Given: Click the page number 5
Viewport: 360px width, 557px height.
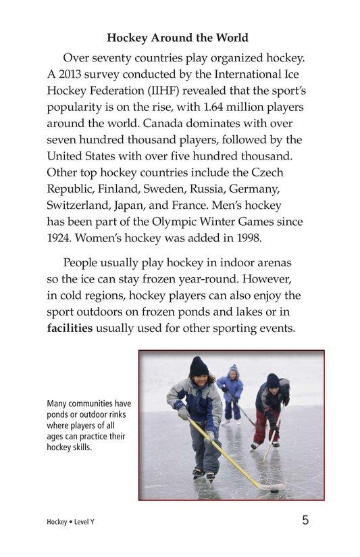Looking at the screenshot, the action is coord(305,520).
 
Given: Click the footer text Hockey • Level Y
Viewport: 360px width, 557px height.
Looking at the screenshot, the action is coord(70,523).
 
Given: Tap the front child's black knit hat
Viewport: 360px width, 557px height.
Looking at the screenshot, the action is coord(199,366).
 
